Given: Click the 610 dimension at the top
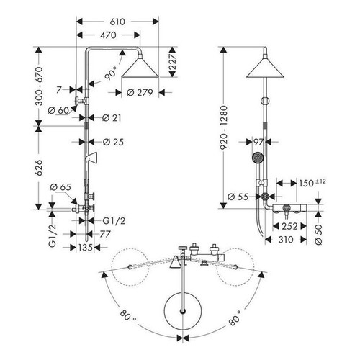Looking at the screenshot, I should pos(118,22).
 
